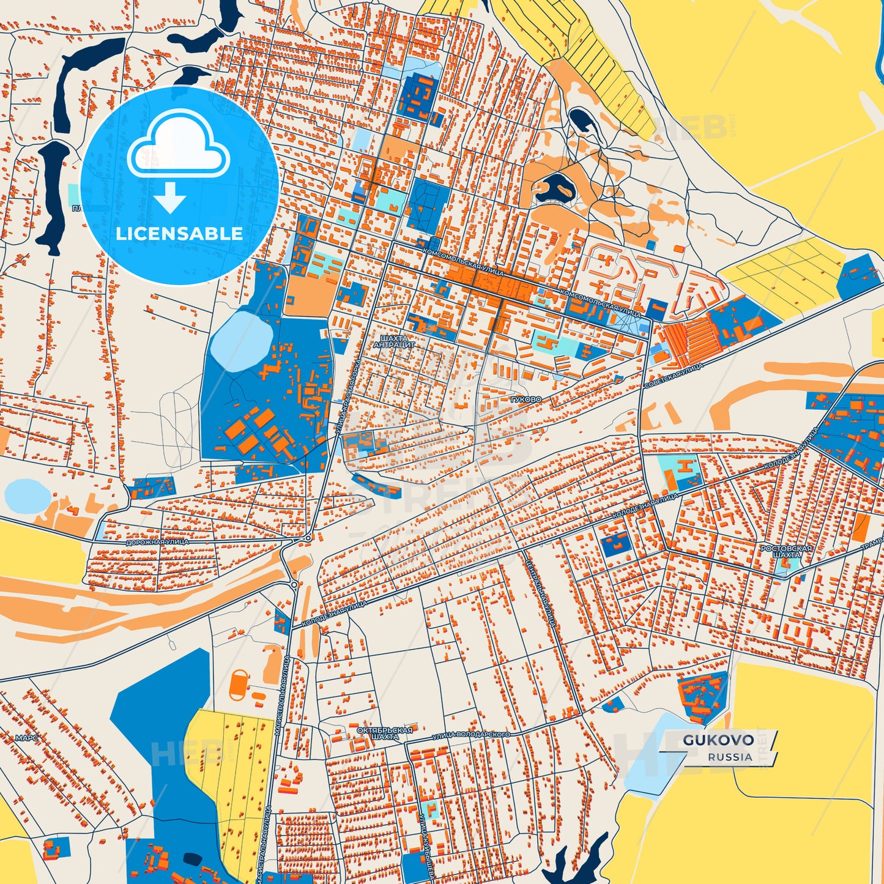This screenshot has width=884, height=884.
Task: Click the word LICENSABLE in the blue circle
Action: pos(179,234)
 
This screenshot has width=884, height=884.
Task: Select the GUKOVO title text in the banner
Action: pos(718,740)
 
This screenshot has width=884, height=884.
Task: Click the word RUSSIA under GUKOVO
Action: pos(730,757)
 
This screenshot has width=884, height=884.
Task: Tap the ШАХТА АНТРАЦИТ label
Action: pos(393,341)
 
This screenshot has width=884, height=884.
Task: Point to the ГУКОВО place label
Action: pos(526,399)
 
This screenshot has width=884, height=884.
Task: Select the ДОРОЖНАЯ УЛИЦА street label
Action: pos(157,543)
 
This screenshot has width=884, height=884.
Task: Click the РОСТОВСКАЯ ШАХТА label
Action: pos(786,551)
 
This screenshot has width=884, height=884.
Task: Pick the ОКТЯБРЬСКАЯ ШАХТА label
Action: pos(385,733)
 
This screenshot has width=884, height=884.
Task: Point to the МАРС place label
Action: pos(27,738)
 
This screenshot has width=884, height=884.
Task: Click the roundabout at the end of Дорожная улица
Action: pos(308,538)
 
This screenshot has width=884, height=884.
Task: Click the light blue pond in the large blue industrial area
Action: pos(241,340)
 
